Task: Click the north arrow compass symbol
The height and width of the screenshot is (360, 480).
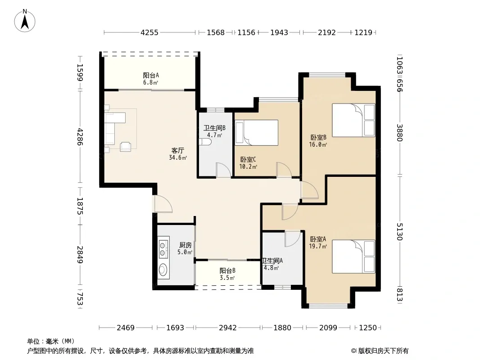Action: [x=25, y=21]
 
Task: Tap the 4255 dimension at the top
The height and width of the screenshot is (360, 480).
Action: [x=149, y=32]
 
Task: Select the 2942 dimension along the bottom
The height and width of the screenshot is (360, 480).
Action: [x=228, y=328]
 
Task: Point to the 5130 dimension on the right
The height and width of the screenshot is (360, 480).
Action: [x=399, y=232]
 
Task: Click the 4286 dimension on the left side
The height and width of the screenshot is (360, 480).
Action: [x=80, y=137]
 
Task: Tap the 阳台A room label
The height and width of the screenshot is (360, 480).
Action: [x=151, y=75]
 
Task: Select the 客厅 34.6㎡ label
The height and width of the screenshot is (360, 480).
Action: [x=178, y=154]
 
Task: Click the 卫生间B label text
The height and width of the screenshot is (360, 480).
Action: [x=215, y=128]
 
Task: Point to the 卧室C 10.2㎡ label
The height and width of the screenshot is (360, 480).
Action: [x=248, y=163]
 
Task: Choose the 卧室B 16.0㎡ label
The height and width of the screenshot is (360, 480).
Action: [x=318, y=141]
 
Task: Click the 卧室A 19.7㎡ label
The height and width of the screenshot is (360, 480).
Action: [x=318, y=242]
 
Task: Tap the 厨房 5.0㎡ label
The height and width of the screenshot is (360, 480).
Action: [x=185, y=248]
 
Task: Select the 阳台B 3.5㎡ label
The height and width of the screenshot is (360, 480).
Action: [x=227, y=274]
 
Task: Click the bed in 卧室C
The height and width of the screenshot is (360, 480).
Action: [x=257, y=132]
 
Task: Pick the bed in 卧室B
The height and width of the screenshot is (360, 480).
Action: [x=353, y=120]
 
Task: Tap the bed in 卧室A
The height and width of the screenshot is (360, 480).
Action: [x=353, y=256]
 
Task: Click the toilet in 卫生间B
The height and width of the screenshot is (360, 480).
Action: [x=205, y=142]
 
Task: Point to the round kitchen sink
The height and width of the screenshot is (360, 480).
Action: [x=163, y=270]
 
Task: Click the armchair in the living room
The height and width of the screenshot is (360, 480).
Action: [x=126, y=147]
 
